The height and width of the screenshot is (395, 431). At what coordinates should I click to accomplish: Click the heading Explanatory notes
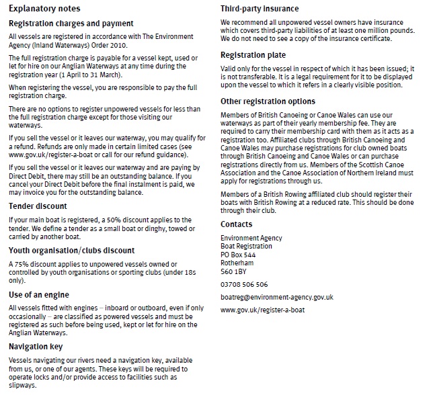[45, 9]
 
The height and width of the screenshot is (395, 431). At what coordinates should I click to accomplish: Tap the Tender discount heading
[38, 206]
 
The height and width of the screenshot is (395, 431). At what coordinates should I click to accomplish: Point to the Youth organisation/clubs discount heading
[72, 251]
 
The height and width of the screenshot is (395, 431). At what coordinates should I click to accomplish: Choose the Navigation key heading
[37, 346]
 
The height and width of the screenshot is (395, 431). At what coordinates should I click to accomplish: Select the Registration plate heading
[253, 54]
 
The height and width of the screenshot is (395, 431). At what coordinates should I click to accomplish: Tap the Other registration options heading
[268, 101]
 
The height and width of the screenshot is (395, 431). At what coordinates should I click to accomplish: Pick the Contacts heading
[237, 224]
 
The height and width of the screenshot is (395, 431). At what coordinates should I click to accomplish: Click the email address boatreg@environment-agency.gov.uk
[277, 297]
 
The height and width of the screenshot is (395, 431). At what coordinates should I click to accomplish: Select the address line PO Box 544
[238, 255]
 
